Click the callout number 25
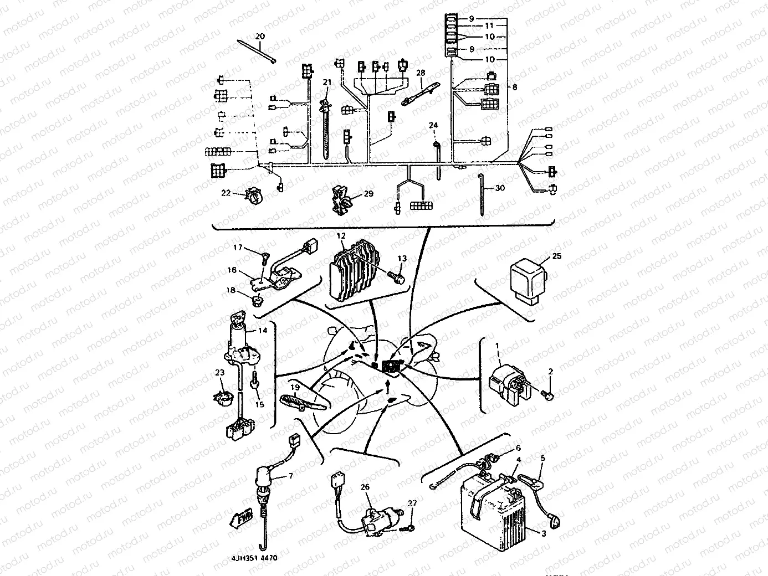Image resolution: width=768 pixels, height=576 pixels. [x=557, y=256]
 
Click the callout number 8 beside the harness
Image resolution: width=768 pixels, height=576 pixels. [x=515, y=87]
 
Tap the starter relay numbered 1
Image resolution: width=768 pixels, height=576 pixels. [x=505, y=382]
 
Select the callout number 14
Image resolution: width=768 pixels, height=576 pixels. [x=262, y=331]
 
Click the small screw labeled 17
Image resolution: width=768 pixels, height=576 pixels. [x=265, y=255]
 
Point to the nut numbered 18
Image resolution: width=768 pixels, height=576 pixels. [x=257, y=301]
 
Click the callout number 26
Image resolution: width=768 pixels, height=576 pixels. [x=365, y=487]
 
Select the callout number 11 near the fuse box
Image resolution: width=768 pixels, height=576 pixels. [x=489, y=25]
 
